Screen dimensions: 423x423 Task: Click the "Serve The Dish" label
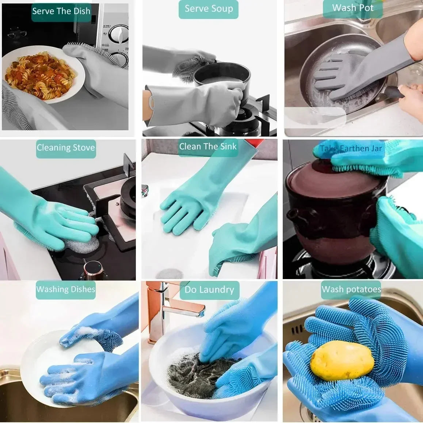61,11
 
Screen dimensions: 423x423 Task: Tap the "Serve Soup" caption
209,9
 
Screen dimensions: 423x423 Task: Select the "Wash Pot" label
352,8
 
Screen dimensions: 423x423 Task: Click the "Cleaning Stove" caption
66,148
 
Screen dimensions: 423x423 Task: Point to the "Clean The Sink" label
208,147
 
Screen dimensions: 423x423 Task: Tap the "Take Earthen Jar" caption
351,149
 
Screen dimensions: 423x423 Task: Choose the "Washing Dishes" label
66,289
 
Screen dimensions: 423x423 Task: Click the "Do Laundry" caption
209,290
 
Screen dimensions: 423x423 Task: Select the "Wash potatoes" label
351,290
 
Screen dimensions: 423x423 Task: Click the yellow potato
342,361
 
